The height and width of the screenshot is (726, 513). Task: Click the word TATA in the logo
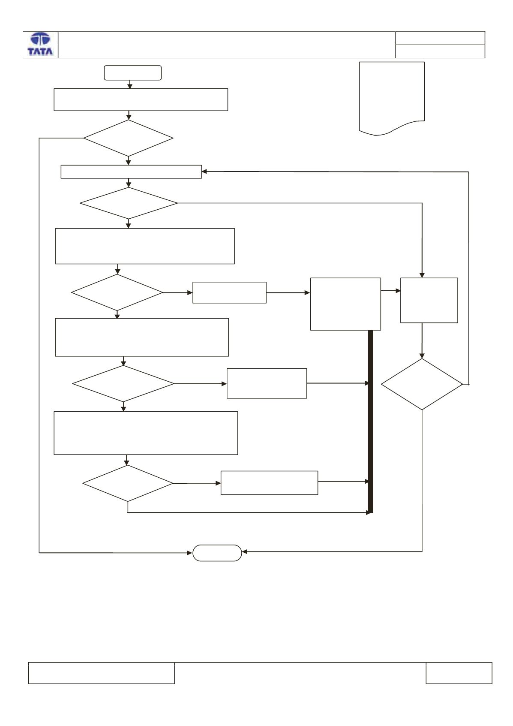click(40, 51)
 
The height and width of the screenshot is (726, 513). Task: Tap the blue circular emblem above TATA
click(40, 39)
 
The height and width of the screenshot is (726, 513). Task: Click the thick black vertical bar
click(370, 422)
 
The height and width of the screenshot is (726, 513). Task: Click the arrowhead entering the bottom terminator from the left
click(190, 553)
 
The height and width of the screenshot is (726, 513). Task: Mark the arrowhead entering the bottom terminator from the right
click(245, 551)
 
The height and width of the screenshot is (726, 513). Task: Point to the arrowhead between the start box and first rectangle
click(130, 86)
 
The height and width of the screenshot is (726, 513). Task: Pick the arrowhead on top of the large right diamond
click(422, 355)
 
